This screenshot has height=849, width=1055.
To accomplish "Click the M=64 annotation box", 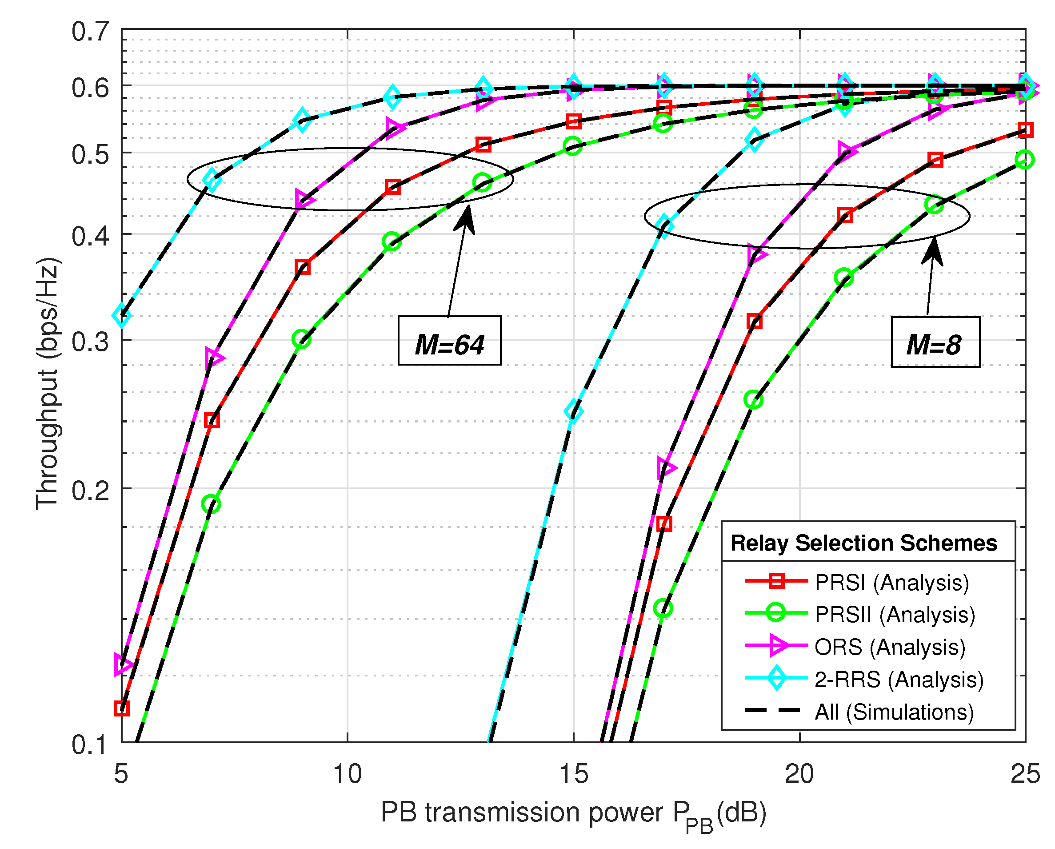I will [x=449, y=340].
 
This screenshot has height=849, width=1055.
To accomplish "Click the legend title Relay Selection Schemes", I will [x=863, y=543].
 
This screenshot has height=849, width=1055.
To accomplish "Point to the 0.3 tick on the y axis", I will [x=91, y=341].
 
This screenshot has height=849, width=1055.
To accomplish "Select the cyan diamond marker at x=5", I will [x=122, y=315].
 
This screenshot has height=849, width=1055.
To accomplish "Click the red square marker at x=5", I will [x=121, y=708].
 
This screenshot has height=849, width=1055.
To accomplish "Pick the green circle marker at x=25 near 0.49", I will [x=1024, y=160].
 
